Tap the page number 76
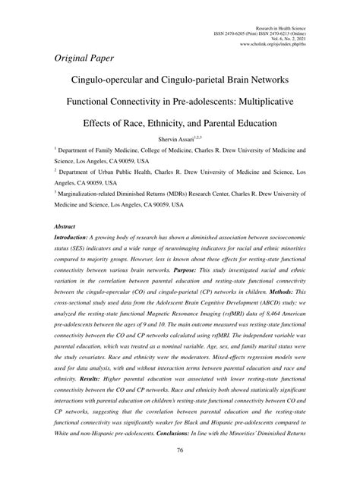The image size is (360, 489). (180, 471)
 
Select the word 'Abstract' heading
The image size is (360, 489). (67, 227)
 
